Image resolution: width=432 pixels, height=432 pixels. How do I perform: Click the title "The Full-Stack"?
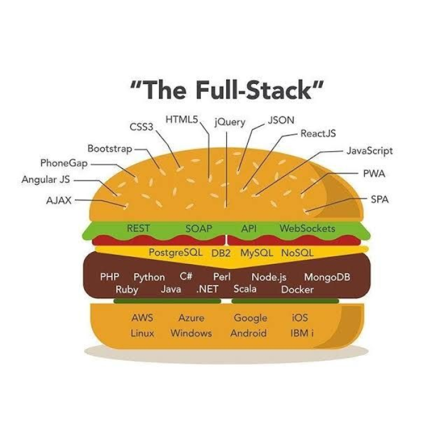[x=227, y=90]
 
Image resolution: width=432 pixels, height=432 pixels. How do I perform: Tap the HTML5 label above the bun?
[x=181, y=120]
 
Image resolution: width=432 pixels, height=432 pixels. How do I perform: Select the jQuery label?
[x=230, y=122]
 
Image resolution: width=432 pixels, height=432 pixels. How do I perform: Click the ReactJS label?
[x=318, y=133]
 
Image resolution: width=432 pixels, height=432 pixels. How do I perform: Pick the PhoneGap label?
[x=64, y=163]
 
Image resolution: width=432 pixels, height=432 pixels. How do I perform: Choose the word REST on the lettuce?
[x=139, y=229]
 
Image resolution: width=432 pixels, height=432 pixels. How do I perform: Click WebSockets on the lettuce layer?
[x=307, y=229]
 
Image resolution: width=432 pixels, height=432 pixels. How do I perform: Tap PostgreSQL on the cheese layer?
[x=176, y=253]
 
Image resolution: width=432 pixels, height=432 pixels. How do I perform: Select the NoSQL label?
[x=297, y=253]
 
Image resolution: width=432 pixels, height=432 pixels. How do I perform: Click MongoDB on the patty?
[x=327, y=277]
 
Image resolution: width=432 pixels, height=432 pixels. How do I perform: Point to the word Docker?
[x=297, y=289]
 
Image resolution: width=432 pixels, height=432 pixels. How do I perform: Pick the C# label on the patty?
[x=185, y=277]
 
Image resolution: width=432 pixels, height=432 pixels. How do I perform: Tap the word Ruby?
[x=127, y=289]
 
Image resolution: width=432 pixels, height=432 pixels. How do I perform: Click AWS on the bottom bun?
[x=142, y=318]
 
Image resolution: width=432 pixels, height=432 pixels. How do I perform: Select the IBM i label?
[x=302, y=333]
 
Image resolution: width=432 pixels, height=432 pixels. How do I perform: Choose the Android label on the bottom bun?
[x=248, y=333]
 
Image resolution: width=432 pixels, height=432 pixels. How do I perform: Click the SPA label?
[x=379, y=199]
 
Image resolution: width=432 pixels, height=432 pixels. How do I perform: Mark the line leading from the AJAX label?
[x=99, y=202]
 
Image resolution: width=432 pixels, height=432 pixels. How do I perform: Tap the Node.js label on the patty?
[x=269, y=277]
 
